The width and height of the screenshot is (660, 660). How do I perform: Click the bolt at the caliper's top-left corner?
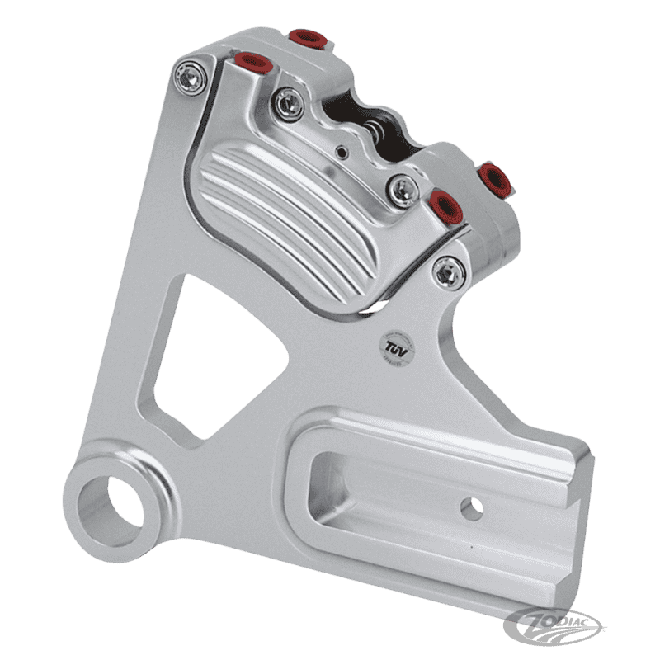coord(191,77)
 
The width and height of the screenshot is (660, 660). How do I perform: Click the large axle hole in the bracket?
coord(111,502)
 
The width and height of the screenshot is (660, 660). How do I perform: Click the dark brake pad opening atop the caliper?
coord(355,115)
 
